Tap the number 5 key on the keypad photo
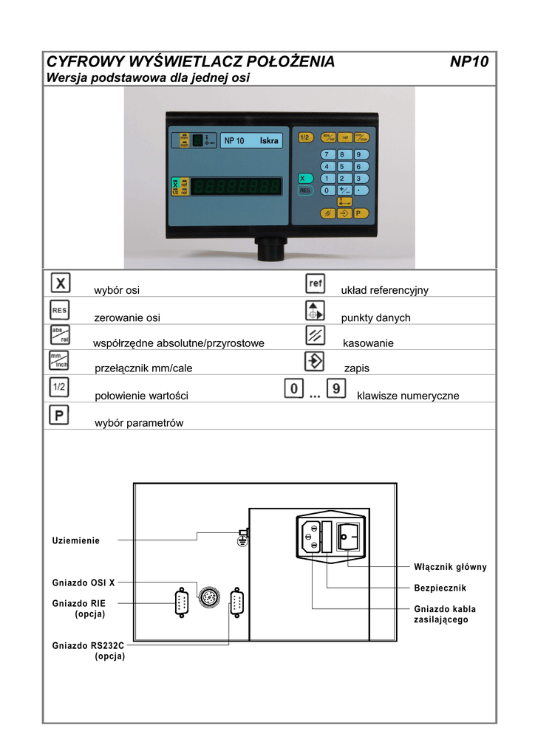[341, 166]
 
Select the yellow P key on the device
[359, 213]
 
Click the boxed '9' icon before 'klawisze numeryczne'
[335, 388]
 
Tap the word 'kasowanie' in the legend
[368, 343]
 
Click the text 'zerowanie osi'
[127, 318]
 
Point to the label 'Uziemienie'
[75, 540]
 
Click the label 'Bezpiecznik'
[440, 588]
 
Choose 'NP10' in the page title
[469, 62]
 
